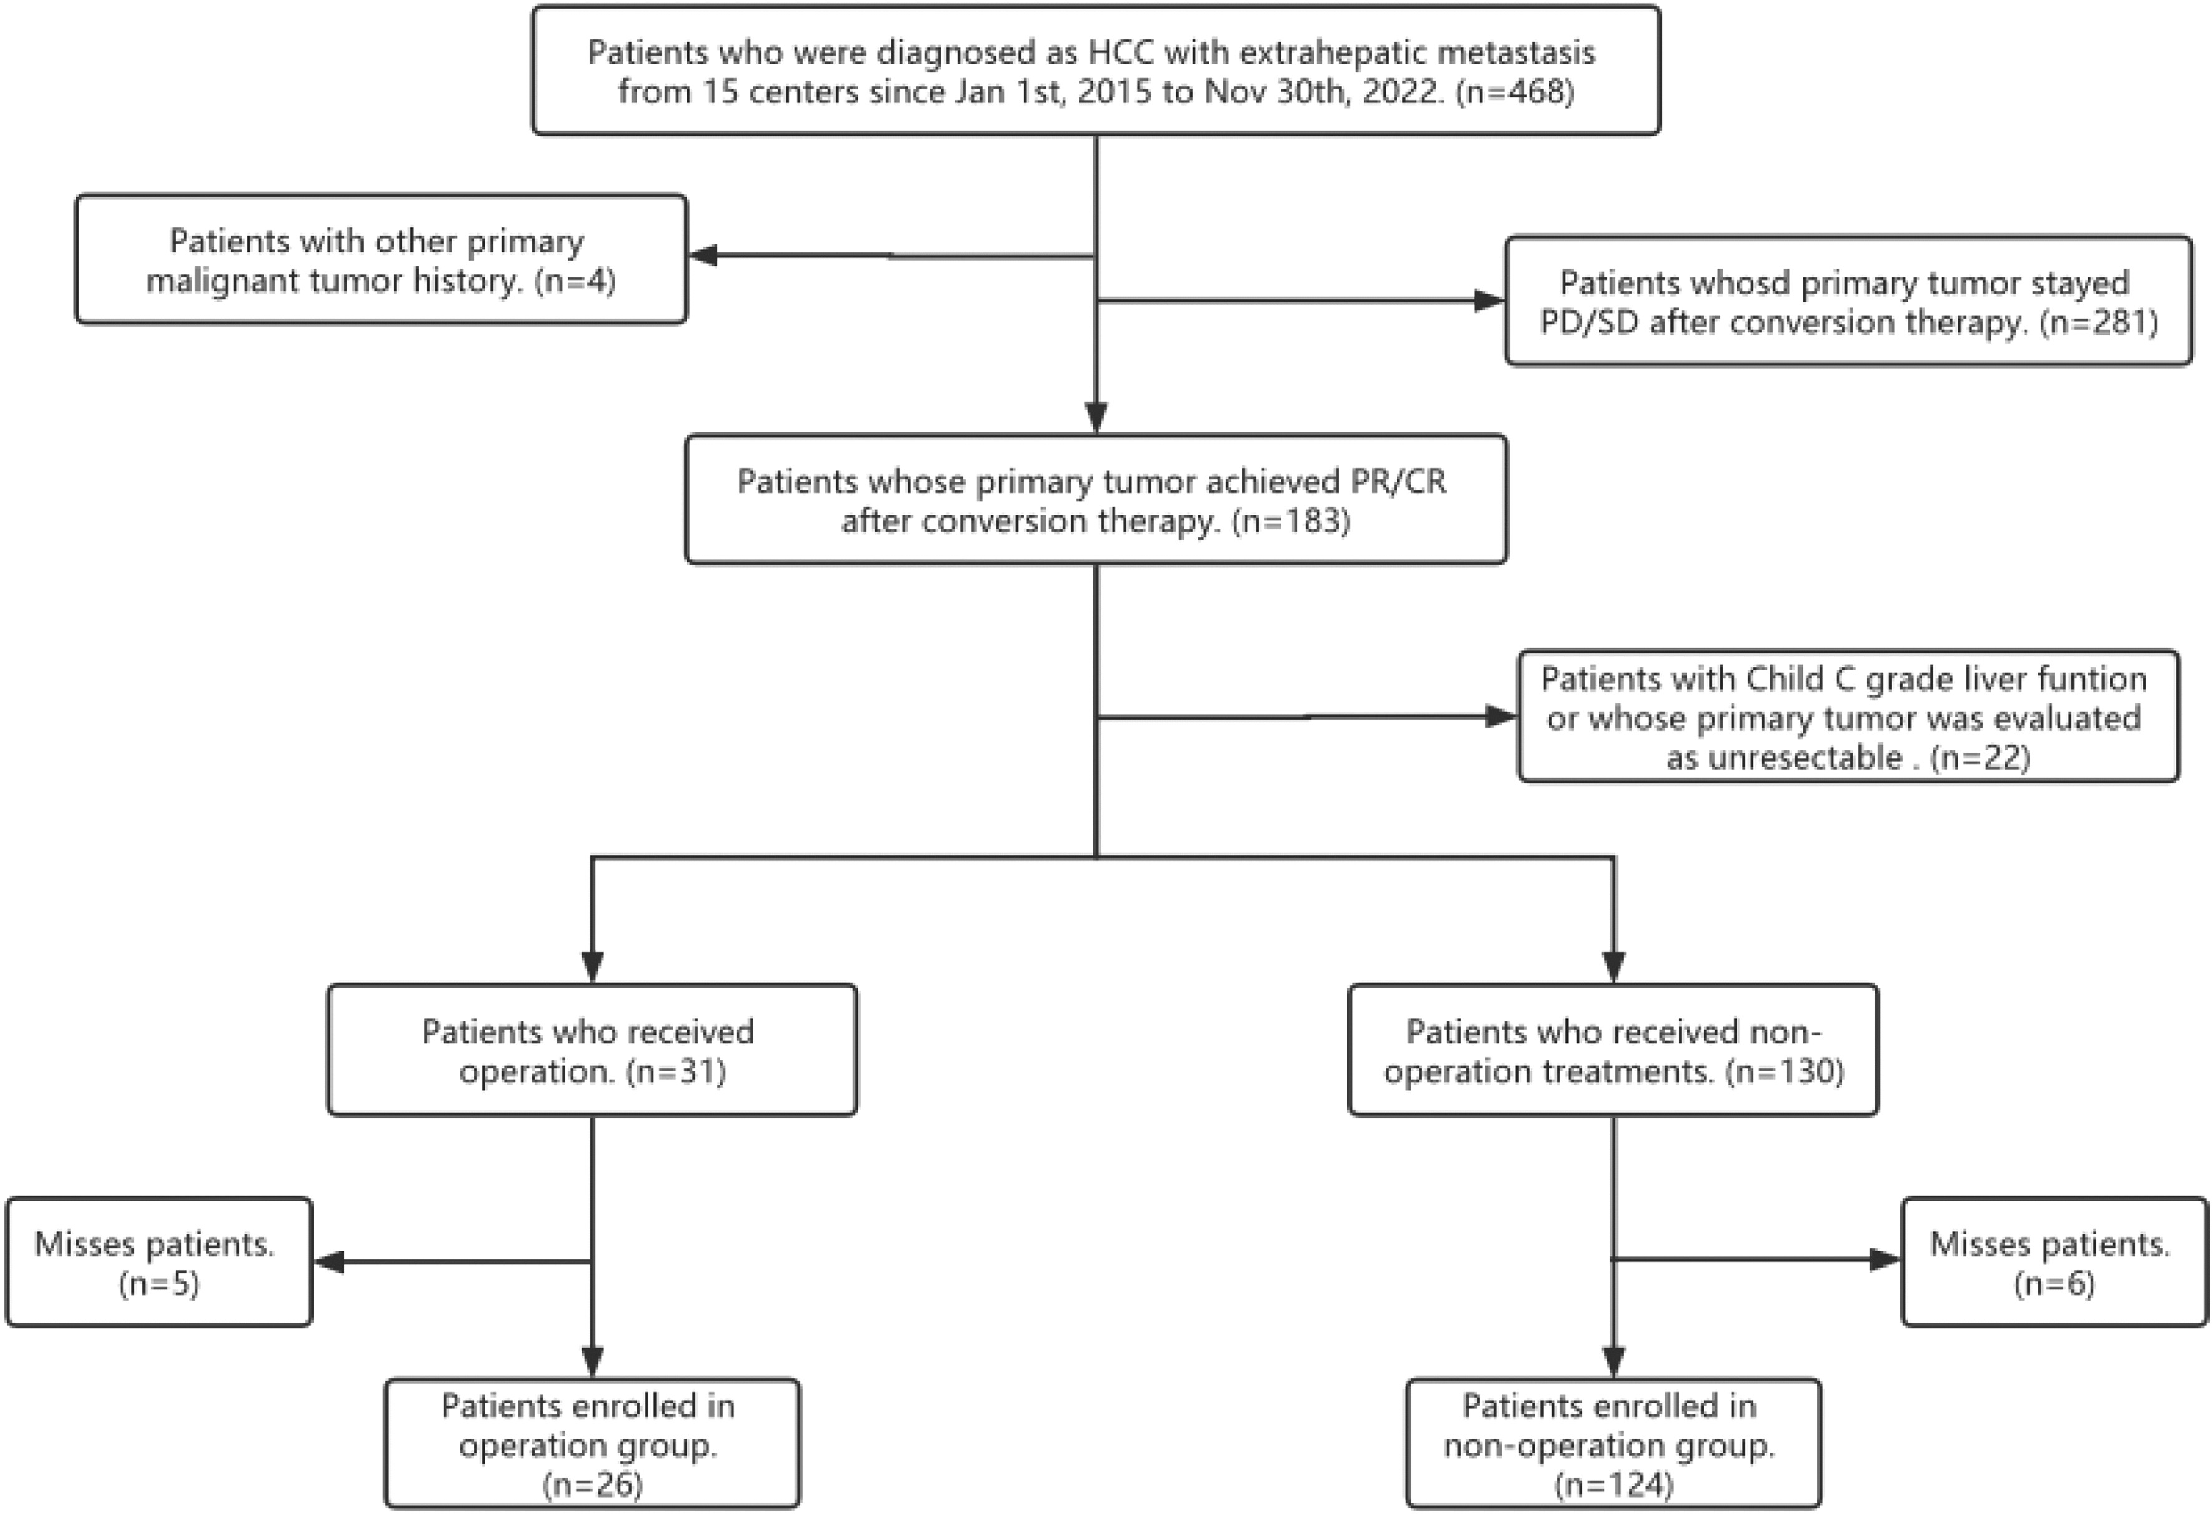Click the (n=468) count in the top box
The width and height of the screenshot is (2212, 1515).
pyautogui.click(x=1515, y=92)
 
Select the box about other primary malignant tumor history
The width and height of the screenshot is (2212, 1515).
pyautogui.click(x=380, y=260)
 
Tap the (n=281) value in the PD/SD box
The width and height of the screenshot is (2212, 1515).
pyautogui.click(x=2099, y=322)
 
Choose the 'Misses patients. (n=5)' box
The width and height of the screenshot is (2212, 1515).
pyautogui.click(x=159, y=1262)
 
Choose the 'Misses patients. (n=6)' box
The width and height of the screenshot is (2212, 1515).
pyautogui.click(x=2054, y=1262)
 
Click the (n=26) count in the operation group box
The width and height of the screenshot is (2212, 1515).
pyautogui.click(x=592, y=1484)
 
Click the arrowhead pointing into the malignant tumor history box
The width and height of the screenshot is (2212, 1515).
pyautogui.click(x=702, y=255)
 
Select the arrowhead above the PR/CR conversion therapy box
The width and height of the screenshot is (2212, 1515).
pyautogui.click(x=1096, y=419)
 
